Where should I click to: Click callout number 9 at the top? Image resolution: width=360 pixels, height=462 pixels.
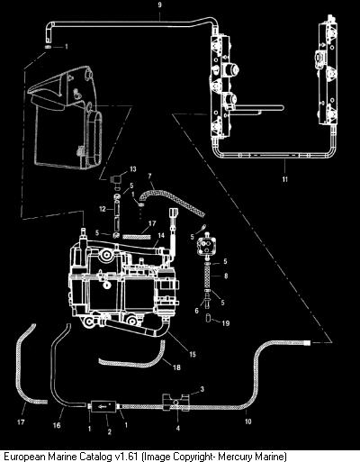159,5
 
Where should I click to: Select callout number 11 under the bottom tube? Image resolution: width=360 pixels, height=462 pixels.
284,179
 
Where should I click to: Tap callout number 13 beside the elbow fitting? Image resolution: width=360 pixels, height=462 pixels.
132,169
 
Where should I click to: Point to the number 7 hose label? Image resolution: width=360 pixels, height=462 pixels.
149,177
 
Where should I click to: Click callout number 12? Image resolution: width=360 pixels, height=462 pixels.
103,209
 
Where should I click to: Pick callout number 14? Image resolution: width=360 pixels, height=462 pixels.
161,235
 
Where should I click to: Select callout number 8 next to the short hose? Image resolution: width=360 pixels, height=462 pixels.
226,276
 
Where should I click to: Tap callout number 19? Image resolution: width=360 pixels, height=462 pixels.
226,323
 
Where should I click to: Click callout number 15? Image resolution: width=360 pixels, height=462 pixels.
193,354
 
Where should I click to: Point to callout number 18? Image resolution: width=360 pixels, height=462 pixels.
176,367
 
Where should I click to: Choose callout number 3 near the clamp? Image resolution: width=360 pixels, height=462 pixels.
202,389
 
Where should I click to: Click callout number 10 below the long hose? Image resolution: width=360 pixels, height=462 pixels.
247,421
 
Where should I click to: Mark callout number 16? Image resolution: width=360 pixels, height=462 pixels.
57,425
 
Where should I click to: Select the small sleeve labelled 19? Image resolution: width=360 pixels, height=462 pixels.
208,318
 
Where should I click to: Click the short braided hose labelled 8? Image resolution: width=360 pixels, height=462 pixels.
206,276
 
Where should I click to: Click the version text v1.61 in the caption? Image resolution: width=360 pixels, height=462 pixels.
127,457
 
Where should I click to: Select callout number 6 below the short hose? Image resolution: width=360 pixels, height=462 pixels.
196,311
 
